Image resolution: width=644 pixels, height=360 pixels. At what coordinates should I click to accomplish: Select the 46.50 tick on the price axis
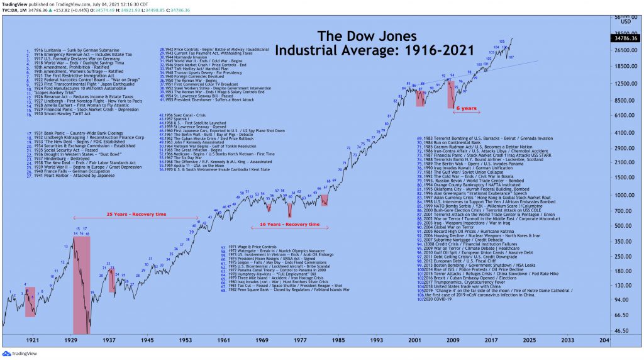coord(622,330)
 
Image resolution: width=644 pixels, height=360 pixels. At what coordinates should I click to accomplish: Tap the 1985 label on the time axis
coord(339,340)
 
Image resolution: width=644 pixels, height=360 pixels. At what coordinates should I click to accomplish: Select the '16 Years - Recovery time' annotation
coord(289,224)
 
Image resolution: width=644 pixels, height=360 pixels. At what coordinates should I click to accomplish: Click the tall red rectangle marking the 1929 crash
coord(82,283)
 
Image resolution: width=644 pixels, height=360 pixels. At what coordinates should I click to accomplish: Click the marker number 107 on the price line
coord(511,57)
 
